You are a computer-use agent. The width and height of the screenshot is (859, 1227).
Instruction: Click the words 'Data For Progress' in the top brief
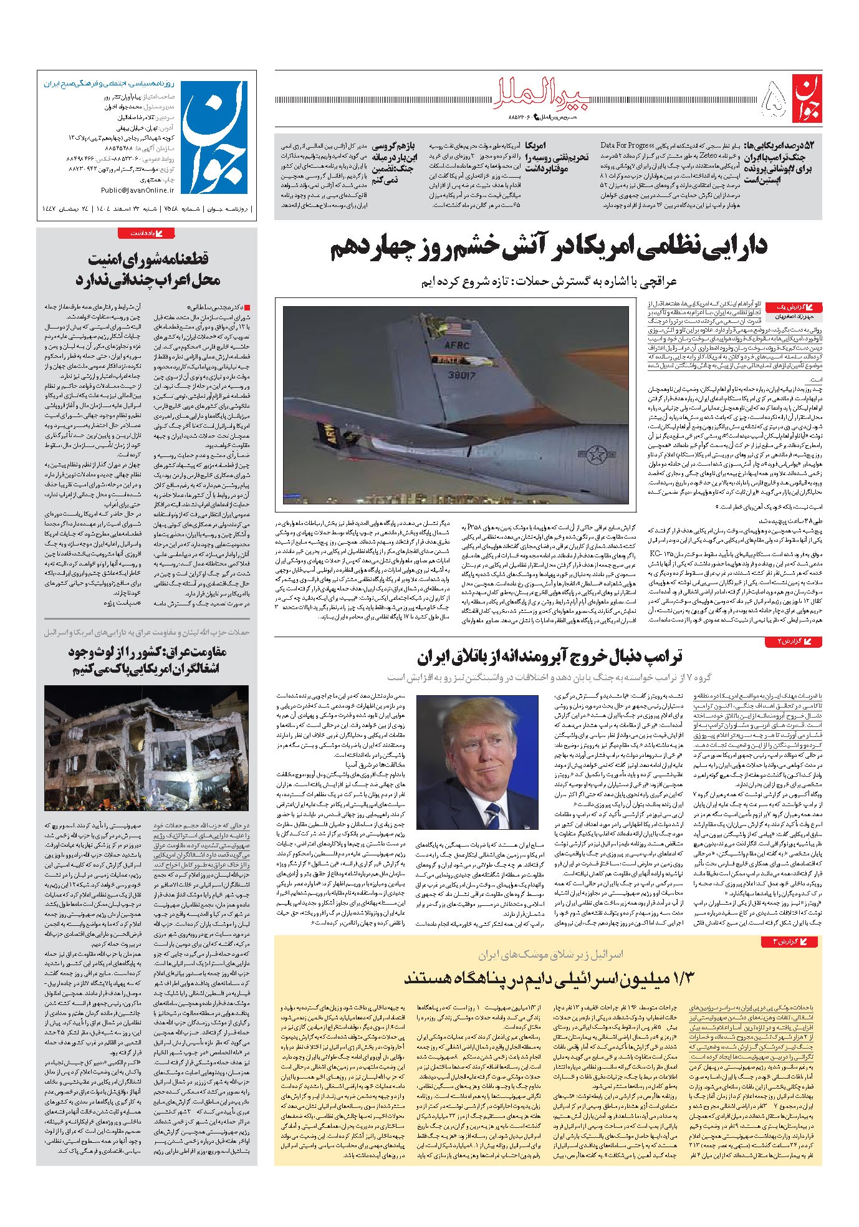[x=627, y=145]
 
